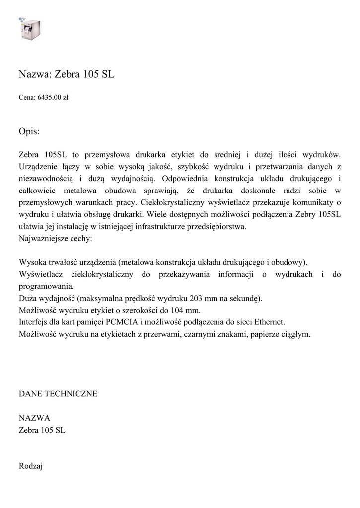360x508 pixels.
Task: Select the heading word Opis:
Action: (x=29, y=132)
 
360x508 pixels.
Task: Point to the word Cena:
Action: (x=27, y=98)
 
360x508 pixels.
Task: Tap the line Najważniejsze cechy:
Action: (x=55, y=238)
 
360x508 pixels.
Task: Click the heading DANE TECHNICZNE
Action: (x=58, y=394)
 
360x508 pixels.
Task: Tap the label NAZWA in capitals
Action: (x=34, y=418)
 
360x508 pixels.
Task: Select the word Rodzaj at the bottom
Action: (x=31, y=466)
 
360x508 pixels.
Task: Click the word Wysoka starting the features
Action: (x=32, y=262)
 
